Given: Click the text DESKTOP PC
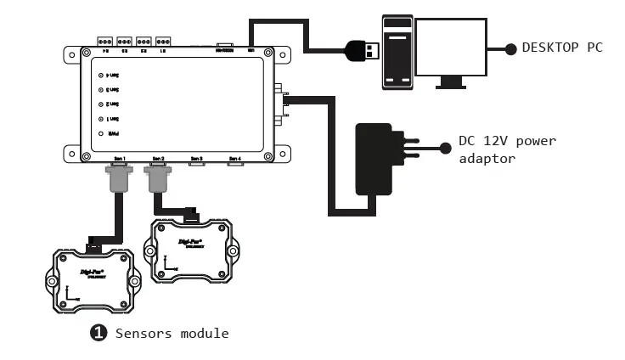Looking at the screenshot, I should (561, 48).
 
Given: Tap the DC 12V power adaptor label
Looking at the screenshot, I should (507, 149).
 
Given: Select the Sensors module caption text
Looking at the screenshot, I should (172, 333).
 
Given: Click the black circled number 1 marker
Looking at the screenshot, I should (99, 333).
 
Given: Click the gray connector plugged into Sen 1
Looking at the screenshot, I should (117, 178).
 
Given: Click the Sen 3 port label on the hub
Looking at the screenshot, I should (197, 159).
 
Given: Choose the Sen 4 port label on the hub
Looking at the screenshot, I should (235, 159).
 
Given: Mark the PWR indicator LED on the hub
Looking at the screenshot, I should (101, 134).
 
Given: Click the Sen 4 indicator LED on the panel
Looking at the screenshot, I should (101, 76).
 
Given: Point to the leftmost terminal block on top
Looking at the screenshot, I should (106, 41).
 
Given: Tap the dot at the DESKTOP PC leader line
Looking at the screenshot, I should (510, 49).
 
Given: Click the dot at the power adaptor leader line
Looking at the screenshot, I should (445, 148).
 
